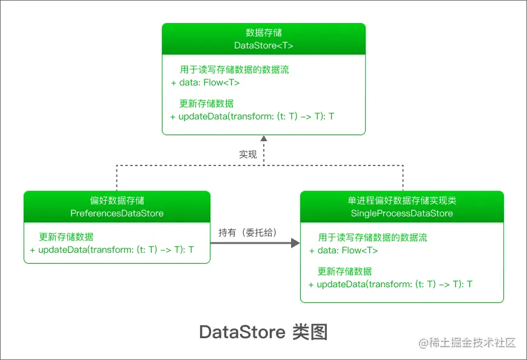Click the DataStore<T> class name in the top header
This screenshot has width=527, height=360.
[264, 45]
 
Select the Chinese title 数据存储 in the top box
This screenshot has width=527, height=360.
[264, 33]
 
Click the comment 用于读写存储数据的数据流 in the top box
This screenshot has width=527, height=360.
[235, 70]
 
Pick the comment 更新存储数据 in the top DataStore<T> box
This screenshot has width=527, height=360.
[207, 104]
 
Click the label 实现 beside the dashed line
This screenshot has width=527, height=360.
[248, 155]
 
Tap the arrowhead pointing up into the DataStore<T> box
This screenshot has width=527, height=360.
[264, 139]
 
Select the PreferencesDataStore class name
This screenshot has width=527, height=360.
[117, 213]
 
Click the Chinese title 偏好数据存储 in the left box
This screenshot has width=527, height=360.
[117, 201]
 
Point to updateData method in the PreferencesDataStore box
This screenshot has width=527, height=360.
[112, 250]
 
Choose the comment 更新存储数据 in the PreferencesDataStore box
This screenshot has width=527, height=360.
[66, 237]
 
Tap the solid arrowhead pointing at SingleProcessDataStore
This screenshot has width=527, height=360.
[295, 243]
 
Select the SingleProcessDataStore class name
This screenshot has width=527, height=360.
[402, 213]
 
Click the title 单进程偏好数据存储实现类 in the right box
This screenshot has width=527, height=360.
[402, 201]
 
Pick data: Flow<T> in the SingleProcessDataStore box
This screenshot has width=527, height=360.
[344, 250]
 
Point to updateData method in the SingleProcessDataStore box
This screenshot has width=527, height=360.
[391, 284]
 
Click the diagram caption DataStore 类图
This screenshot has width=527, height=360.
[263, 332]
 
